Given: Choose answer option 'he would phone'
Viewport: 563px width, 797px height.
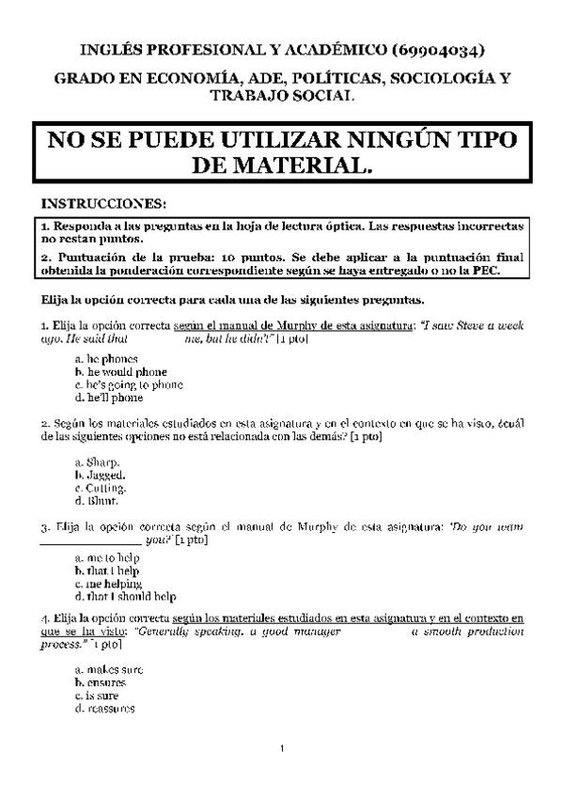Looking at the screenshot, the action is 113,371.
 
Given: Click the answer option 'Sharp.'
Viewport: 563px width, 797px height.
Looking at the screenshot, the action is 97,462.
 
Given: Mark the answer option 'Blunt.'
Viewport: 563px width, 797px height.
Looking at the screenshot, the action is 96,501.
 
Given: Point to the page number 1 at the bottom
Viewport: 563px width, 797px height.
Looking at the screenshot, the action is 281,749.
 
